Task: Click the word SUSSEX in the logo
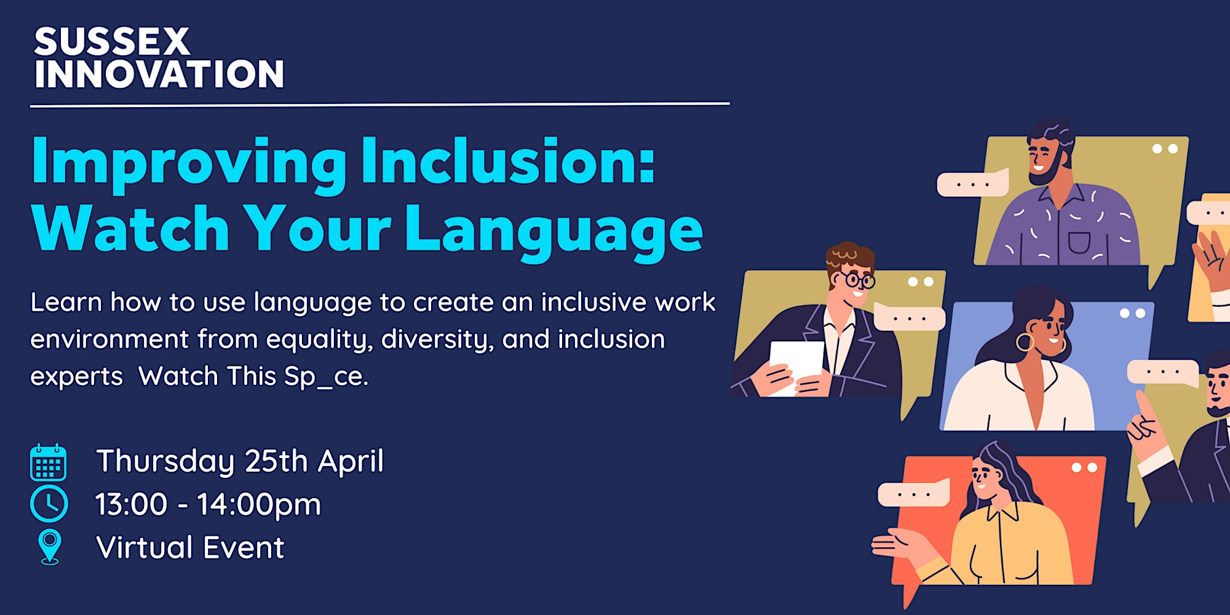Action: pyautogui.click(x=112, y=42)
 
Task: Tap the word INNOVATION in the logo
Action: pyautogui.click(x=159, y=74)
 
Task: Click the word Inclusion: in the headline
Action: pyautogui.click(x=508, y=161)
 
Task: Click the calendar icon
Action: pyautogui.click(x=49, y=462)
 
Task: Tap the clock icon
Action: pyautogui.click(x=49, y=504)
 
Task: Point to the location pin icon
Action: pyautogui.click(x=50, y=547)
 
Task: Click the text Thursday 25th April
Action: pyautogui.click(x=240, y=461)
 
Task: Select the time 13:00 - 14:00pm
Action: pyautogui.click(x=208, y=504)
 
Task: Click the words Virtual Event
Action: pyautogui.click(x=190, y=547)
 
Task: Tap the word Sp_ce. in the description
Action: pyautogui.click(x=326, y=376)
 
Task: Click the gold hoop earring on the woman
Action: pyautogui.click(x=1025, y=342)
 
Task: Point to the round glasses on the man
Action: pyautogui.click(x=860, y=280)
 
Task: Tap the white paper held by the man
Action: pyautogui.click(x=796, y=366)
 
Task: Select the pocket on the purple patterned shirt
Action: pyautogui.click(x=1079, y=242)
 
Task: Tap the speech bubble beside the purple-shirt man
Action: pyautogui.click(x=972, y=184)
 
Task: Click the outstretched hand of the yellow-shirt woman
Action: pyautogui.click(x=898, y=544)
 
